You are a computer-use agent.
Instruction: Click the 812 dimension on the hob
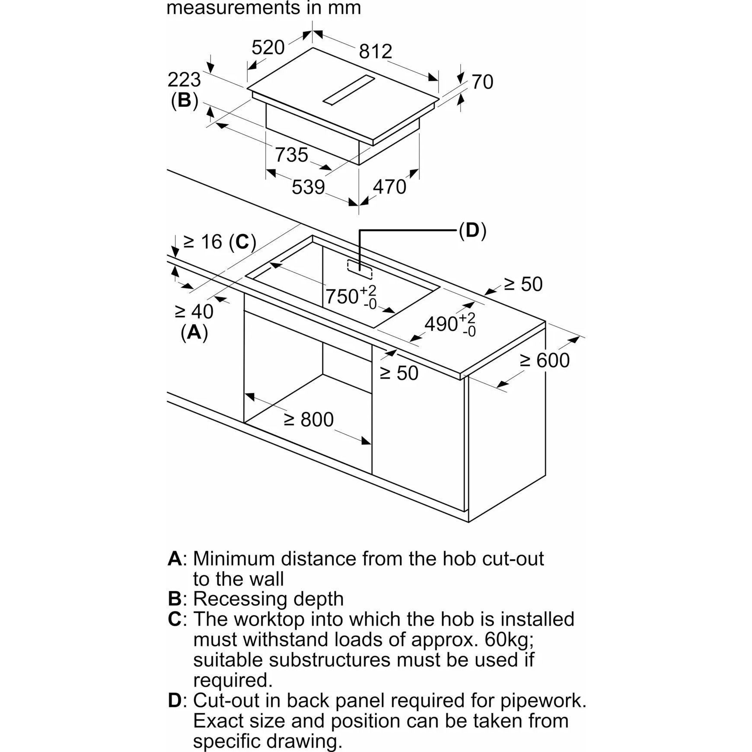375,51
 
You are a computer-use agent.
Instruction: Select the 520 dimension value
268,47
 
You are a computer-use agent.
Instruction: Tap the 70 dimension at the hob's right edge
482,82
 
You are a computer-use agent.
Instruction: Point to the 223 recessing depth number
184,80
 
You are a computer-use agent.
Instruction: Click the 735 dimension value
292,155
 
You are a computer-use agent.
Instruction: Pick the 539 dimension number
308,187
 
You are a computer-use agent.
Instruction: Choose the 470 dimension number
389,187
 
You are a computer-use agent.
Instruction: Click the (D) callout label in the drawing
472,231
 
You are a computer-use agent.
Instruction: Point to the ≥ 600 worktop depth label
545,360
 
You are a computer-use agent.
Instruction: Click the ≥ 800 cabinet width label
309,420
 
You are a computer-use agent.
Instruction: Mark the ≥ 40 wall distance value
194,311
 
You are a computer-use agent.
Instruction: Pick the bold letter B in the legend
174,599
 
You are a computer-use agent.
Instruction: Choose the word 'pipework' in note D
541,701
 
